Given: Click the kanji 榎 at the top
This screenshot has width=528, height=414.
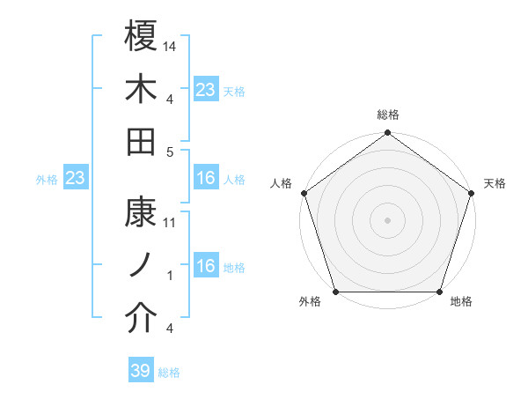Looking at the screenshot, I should tap(142, 39).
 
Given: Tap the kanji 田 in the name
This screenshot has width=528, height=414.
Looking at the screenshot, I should tap(142, 141).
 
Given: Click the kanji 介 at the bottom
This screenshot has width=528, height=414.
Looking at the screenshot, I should tap(142, 319).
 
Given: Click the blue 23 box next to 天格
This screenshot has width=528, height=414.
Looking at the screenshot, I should tap(206, 89).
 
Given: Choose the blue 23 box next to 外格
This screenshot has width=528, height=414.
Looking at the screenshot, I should tap(76, 178).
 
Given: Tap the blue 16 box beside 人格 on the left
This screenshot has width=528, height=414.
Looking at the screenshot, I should tap(206, 178).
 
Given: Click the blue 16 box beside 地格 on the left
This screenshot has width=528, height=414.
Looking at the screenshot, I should tap(206, 266).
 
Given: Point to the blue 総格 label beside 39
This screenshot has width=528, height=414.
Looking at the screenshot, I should tap(169, 373).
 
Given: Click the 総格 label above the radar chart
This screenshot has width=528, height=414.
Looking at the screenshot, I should tap(388, 115).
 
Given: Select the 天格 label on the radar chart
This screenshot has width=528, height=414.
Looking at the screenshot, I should tap(495, 183).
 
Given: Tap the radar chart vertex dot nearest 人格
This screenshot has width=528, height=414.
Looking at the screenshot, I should tap(304, 193).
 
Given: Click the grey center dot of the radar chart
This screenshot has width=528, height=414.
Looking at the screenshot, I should tap(388, 220).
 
